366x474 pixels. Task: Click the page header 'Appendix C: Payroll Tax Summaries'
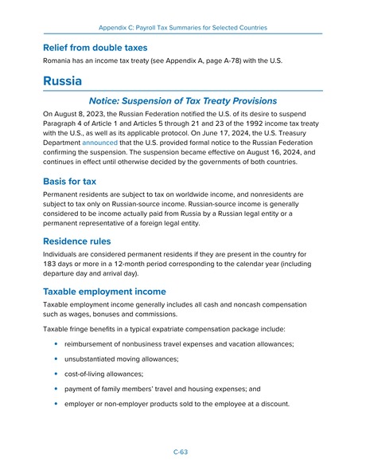click(182, 27)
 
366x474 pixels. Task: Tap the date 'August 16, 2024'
click(278, 153)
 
